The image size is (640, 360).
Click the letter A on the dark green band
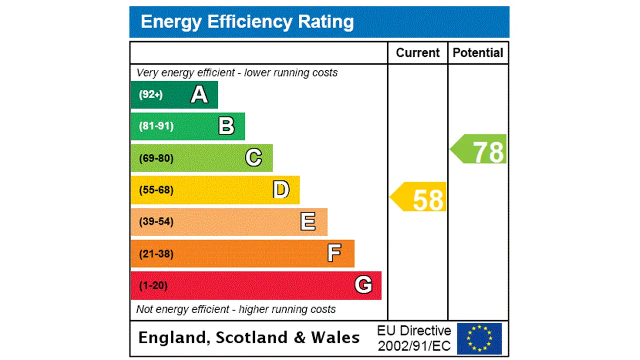[x=199, y=94]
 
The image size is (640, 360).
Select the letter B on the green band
[x=226, y=126]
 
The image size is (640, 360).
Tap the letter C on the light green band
[x=253, y=158]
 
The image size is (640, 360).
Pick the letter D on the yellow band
[x=281, y=190]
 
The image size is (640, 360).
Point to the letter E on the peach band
[x=308, y=221]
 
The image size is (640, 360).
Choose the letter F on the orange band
[x=334, y=253]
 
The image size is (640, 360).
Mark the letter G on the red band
[x=363, y=285]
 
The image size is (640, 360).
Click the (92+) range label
[x=150, y=94]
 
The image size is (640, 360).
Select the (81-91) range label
[x=156, y=126]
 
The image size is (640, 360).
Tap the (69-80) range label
[x=156, y=158]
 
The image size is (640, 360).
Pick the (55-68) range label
[x=156, y=190]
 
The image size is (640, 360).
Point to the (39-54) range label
[x=156, y=221]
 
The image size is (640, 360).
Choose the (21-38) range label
[x=156, y=254]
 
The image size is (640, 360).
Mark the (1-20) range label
[x=153, y=285]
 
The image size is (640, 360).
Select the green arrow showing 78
[x=479, y=149]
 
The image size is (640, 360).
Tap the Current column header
[x=417, y=53]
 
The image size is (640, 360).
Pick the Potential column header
[x=478, y=53]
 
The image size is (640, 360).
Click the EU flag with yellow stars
[x=479, y=338]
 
